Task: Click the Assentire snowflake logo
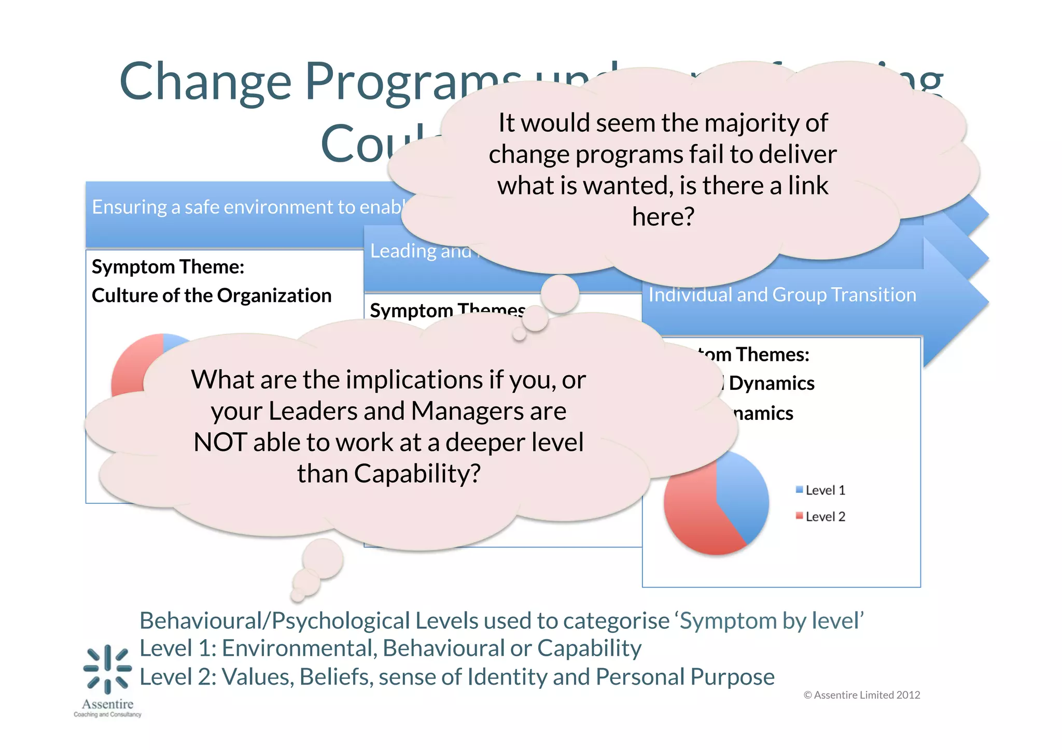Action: click(x=107, y=669)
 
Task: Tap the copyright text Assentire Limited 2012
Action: click(x=862, y=695)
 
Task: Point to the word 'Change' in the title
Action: click(x=205, y=81)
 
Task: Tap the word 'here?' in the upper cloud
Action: click(x=663, y=217)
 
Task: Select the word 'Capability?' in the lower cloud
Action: click(x=417, y=474)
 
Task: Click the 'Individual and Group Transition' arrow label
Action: click(x=782, y=295)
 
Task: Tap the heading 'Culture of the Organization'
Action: click(x=212, y=295)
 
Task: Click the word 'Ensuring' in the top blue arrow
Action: click(x=129, y=207)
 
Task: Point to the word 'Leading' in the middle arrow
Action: click(x=403, y=251)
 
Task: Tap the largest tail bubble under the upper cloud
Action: click(x=560, y=294)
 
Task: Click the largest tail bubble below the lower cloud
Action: click(x=323, y=559)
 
